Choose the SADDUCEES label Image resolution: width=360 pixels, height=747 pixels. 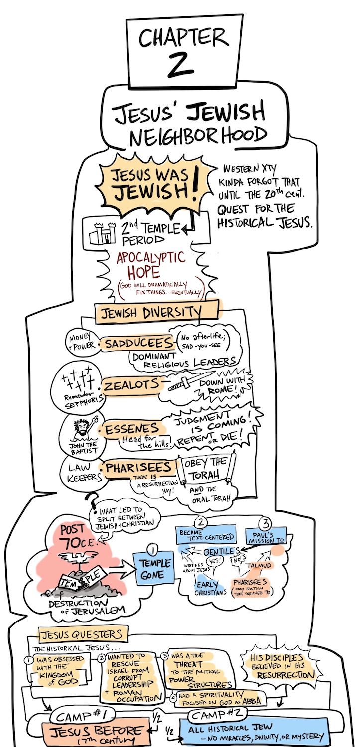(x=135, y=345)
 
